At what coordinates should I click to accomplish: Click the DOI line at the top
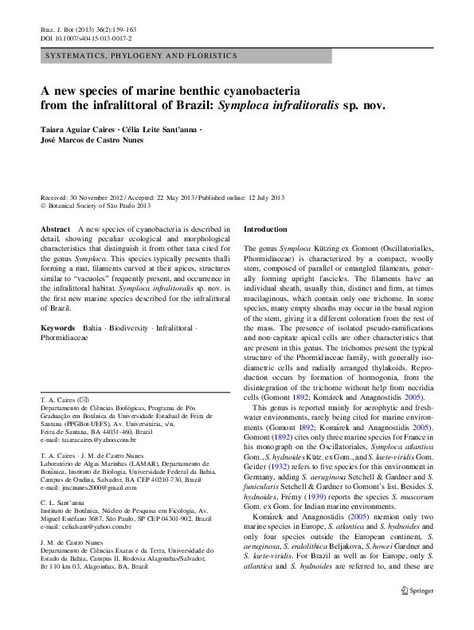tap(86, 38)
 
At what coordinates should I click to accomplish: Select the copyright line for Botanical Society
tap(92, 205)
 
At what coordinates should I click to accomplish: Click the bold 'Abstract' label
tap(56, 229)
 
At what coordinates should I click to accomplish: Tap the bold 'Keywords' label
tap(58, 328)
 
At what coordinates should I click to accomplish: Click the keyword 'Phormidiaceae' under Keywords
tap(65, 338)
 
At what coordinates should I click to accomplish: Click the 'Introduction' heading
tap(264, 229)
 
